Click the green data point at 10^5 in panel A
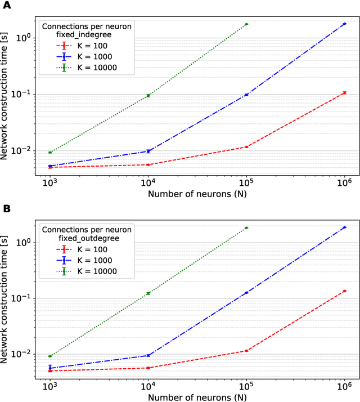click(x=246, y=24)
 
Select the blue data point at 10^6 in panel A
click(x=344, y=24)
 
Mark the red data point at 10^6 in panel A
click(x=344, y=92)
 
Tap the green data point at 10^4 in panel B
click(x=148, y=293)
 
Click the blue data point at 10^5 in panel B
click(x=246, y=293)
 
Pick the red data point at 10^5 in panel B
click(x=246, y=351)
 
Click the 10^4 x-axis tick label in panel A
click(x=148, y=182)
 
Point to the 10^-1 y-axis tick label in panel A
click(x=24, y=94)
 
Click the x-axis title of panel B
click(x=197, y=397)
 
